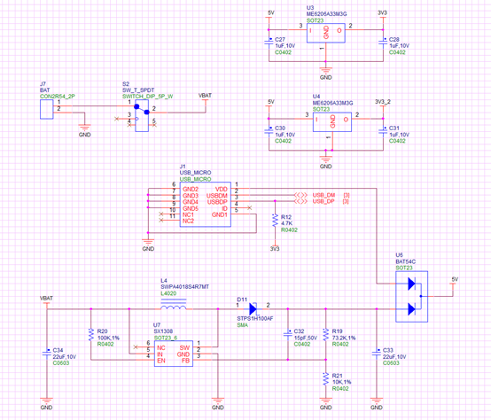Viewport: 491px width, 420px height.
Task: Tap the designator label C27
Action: [280, 39]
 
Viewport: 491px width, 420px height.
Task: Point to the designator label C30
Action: [280, 128]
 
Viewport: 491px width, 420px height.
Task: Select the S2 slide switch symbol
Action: [139, 115]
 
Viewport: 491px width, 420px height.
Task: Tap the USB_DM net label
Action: [323, 195]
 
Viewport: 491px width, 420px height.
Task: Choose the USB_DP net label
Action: [323, 202]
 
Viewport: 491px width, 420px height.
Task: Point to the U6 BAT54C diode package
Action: [410, 296]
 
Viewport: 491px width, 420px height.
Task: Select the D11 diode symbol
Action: [253, 309]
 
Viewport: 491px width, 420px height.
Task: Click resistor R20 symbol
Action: [91, 335]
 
